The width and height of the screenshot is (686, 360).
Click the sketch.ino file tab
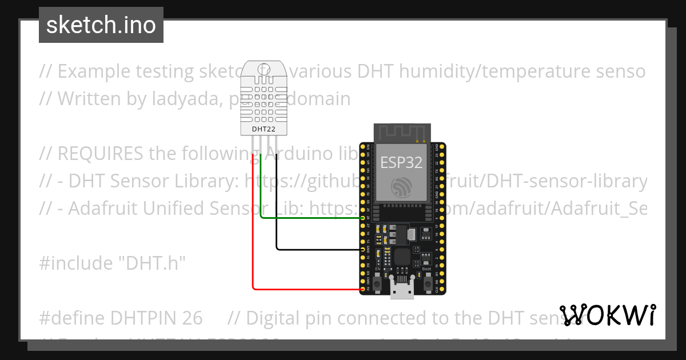[101, 25]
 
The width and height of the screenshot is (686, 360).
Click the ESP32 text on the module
[401, 162]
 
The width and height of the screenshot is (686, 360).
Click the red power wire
[253, 229]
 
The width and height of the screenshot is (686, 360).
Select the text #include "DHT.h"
[113, 263]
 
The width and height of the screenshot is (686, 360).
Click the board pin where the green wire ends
[363, 218]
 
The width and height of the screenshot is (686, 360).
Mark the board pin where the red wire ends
[363, 289]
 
